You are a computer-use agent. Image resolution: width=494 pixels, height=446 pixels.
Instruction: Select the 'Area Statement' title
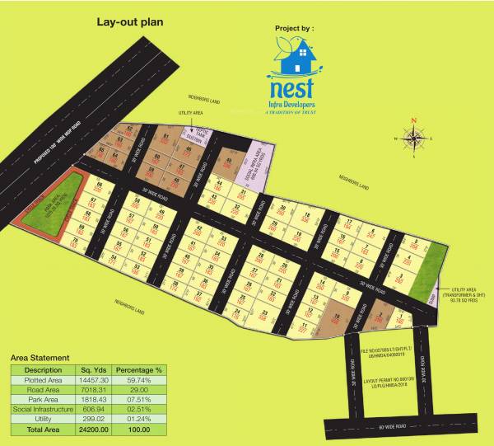click(40, 358)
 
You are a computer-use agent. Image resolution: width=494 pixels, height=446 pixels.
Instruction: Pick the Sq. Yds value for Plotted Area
click(91, 380)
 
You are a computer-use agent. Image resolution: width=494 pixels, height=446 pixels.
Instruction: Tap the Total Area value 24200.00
click(91, 430)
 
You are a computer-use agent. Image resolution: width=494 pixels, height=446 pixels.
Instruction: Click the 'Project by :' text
click(295, 27)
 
